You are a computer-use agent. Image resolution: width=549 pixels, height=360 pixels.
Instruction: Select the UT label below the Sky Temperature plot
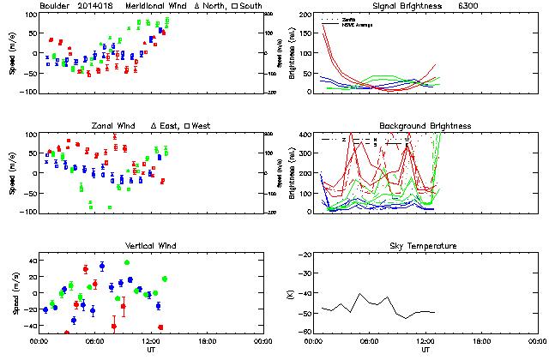click(425, 350)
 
